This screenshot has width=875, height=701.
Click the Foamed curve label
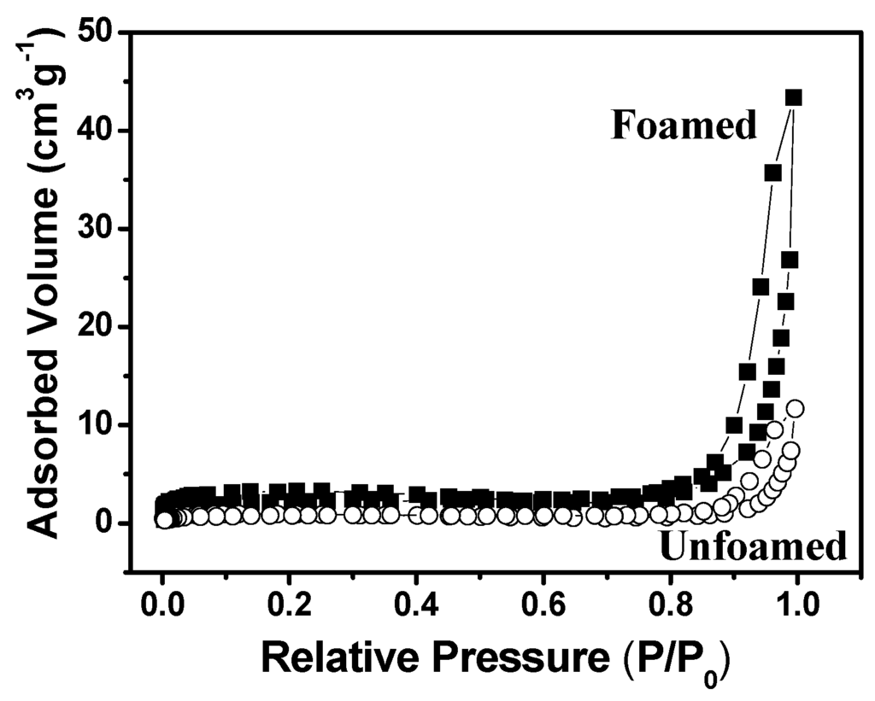pyautogui.click(x=684, y=126)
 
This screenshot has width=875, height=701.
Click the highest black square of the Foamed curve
pyautogui.click(x=794, y=97)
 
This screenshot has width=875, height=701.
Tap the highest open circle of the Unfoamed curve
pyautogui.click(x=796, y=409)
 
